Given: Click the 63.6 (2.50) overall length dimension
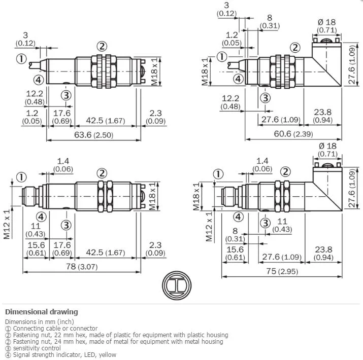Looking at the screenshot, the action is pos(94,135).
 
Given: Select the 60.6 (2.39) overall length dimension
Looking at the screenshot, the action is pos(293,134).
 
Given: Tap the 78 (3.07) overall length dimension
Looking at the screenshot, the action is pos(82,266).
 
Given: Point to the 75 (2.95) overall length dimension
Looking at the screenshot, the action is pos(282,271).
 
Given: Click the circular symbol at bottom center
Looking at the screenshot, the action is pos(177,285).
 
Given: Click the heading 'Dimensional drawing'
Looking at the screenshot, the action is pos(42,312).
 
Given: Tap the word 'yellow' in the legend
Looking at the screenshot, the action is pos(108,355).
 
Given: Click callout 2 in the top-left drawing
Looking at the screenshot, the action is pos(102,47).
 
